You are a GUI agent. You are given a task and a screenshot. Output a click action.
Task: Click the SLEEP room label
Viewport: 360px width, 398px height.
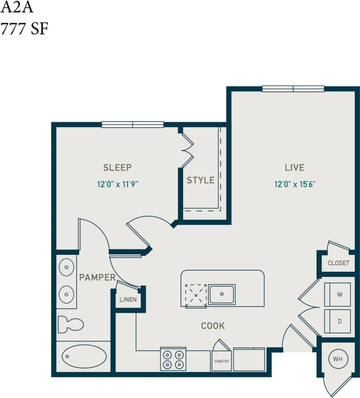117,167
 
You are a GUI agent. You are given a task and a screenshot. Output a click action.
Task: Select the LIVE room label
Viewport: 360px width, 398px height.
295,167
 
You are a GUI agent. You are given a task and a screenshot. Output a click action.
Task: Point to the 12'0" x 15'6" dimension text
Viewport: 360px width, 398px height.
295,184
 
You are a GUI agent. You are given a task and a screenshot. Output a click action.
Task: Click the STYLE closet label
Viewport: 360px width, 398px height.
200,180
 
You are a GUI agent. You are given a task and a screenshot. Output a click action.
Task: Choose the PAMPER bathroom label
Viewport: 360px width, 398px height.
97,277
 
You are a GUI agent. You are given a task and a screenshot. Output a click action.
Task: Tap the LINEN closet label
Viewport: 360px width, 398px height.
128,300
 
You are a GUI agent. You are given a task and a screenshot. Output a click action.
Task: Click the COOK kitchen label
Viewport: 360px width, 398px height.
213,325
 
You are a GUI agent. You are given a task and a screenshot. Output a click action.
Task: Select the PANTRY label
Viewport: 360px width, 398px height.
222,361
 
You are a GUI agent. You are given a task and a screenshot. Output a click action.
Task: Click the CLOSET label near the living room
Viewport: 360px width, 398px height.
338,263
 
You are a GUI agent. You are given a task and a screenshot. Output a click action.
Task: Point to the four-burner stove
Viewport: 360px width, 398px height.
173,359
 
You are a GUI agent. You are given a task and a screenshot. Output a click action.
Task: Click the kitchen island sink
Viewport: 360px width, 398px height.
221,295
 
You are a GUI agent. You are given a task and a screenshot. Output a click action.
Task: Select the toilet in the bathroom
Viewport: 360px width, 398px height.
70,325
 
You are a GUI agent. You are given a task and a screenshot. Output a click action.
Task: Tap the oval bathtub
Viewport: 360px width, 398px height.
84,357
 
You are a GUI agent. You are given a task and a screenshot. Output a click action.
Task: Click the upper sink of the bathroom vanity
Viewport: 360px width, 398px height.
66,268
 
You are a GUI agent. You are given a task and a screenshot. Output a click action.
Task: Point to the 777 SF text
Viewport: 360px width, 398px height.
24,29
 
